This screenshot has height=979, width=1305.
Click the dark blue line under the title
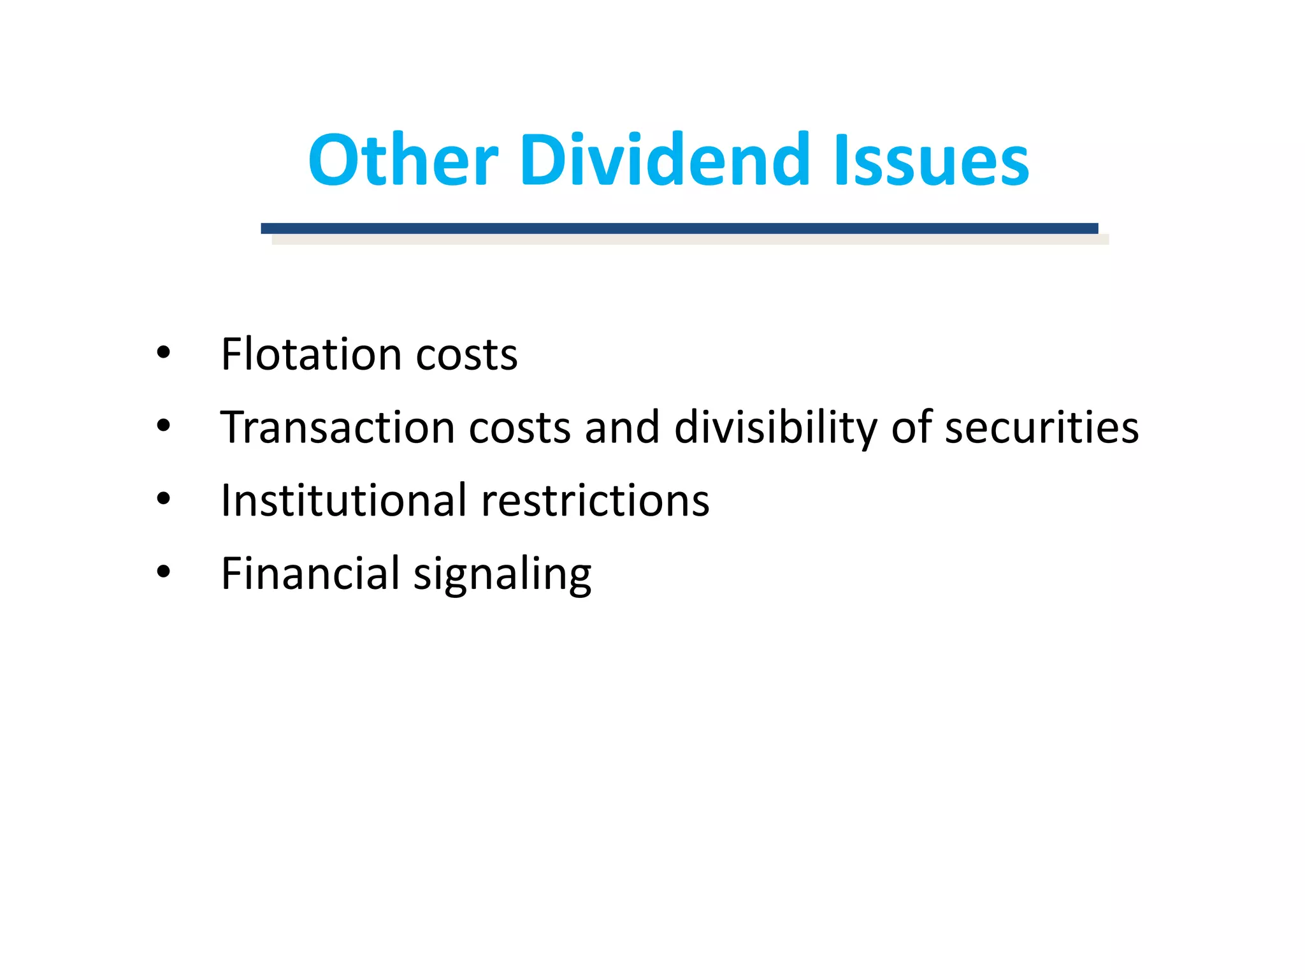679,228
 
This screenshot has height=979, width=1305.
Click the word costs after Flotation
466,355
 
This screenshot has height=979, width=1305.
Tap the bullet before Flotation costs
164,352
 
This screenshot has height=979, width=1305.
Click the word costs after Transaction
519,428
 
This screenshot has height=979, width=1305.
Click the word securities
1041,427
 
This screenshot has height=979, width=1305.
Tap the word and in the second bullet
622,427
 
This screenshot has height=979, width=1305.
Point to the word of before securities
911,427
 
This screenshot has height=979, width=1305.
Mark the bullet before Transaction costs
164,425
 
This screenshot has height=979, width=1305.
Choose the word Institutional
344,500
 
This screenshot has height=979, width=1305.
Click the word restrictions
595,500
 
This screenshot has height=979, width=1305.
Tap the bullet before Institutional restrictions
164,498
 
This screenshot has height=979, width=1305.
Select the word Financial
310,573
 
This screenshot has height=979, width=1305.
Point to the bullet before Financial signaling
164,572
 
